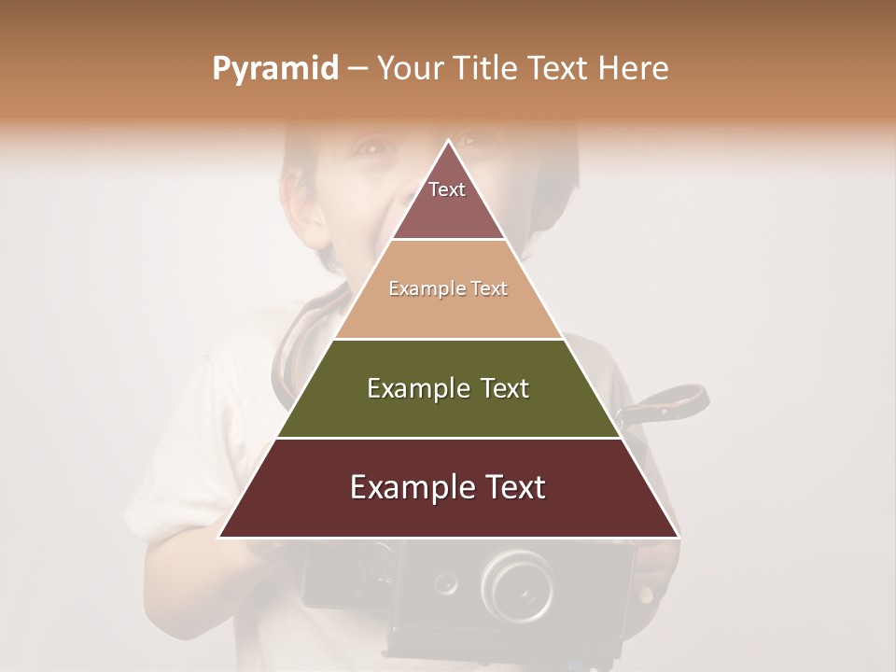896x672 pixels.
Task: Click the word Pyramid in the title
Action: click(x=275, y=68)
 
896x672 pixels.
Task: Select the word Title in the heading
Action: click(x=490, y=68)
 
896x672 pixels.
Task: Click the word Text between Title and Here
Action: click(x=561, y=68)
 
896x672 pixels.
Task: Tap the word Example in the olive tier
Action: click(x=415, y=388)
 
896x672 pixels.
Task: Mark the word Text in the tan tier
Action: click(x=489, y=289)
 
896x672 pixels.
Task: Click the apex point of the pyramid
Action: click(x=448, y=142)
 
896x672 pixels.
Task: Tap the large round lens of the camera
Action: click(x=517, y=585)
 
